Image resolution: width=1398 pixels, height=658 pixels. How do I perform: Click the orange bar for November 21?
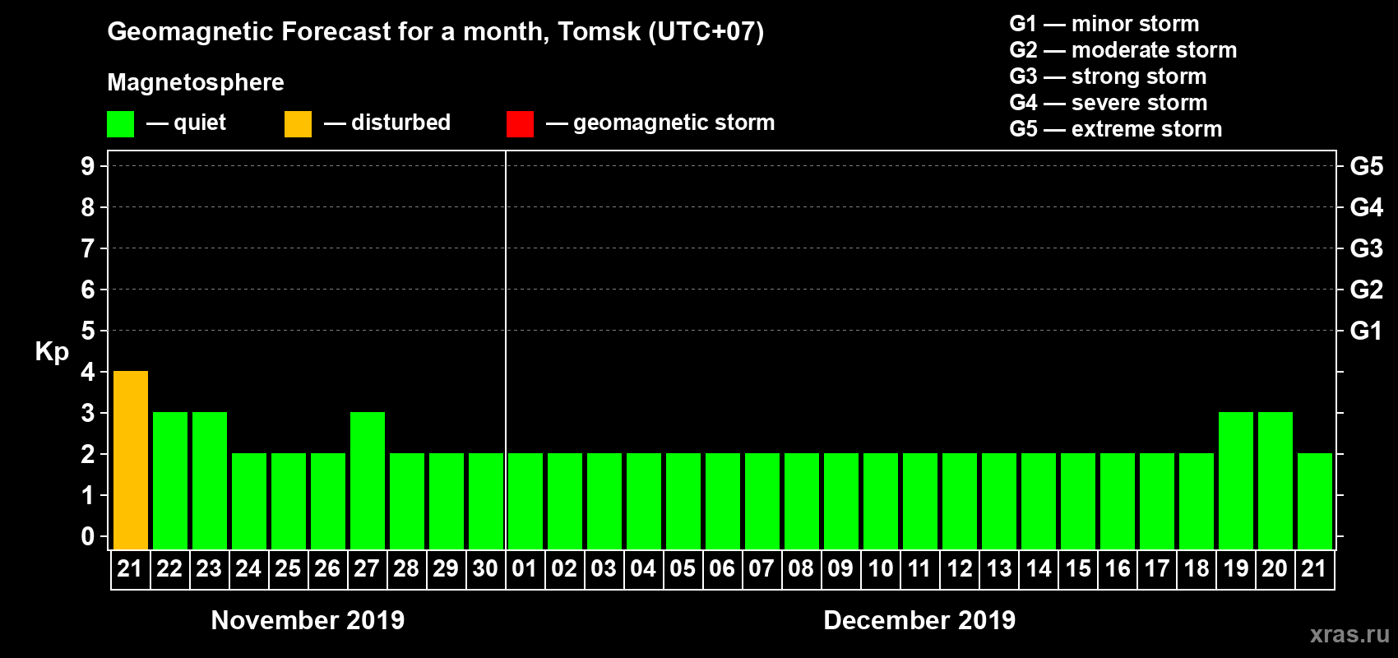[131, 460]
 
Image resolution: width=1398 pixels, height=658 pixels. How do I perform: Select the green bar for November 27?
[368, 480]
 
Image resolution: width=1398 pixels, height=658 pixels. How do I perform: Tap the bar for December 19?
[1236, 480]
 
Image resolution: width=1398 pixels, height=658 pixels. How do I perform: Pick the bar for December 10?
[881, 501]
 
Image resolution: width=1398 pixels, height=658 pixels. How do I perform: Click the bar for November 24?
[249, 501]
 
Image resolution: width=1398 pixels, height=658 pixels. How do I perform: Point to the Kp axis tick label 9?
[88, 166]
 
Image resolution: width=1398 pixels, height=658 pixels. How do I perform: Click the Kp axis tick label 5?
[88, 331]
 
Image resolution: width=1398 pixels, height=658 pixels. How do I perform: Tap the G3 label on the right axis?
[1366, 248]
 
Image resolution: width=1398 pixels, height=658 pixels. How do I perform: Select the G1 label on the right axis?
[1366, 331]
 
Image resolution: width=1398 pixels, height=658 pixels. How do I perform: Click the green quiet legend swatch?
[120, 124]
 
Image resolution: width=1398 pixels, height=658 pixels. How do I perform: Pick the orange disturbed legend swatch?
[298, 124]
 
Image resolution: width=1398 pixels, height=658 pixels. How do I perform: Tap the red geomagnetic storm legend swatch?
[520, 124]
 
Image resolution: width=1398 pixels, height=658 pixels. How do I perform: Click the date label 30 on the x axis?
[485, 568]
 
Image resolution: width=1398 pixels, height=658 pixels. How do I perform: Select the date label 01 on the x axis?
[525, 568]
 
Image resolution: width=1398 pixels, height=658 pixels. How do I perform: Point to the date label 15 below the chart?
[1078, 568]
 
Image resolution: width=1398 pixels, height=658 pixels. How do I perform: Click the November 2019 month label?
[308, 620]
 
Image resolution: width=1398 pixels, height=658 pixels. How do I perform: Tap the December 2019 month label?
[919, 620]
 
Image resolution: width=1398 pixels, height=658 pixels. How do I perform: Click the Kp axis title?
[52, 352]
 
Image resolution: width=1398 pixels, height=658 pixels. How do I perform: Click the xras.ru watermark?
[1349, 634]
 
